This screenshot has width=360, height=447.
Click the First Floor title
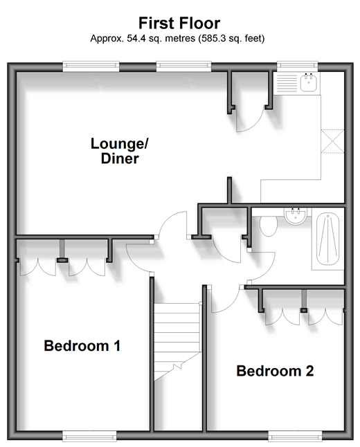click(179, 23)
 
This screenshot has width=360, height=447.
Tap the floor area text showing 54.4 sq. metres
click(177, 38)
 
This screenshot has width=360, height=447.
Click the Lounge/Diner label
click(120, 151)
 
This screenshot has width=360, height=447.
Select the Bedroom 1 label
click(82, 346)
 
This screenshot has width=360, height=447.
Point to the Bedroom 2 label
click(275, 371)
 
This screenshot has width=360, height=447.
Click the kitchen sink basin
click(308, 82)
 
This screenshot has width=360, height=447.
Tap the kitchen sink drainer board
click(287, 83)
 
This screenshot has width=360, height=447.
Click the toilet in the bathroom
click(269, 226)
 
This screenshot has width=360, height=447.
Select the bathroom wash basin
click(295, 217)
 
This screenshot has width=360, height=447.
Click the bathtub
click(327, 239)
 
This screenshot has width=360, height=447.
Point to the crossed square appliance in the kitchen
click(332, 141)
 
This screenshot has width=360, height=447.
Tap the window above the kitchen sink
click(297, 66)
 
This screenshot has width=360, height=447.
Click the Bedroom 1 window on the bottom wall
click(89, 436)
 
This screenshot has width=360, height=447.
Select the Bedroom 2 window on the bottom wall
click(295, 436)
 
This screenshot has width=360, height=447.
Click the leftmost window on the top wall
click(91, 66)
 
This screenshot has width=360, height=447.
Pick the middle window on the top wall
click(183, 66)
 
